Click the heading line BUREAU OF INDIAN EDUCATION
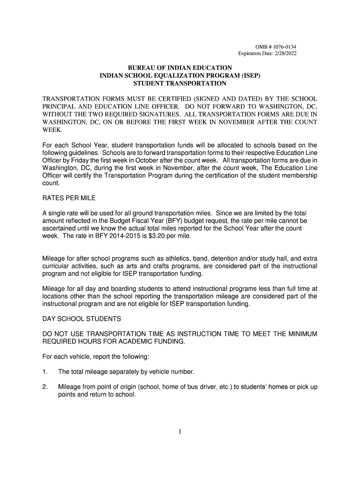(180, 68)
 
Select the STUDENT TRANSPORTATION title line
(180, 84)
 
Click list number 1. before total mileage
(45, 372)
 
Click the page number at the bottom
(180, 431)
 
